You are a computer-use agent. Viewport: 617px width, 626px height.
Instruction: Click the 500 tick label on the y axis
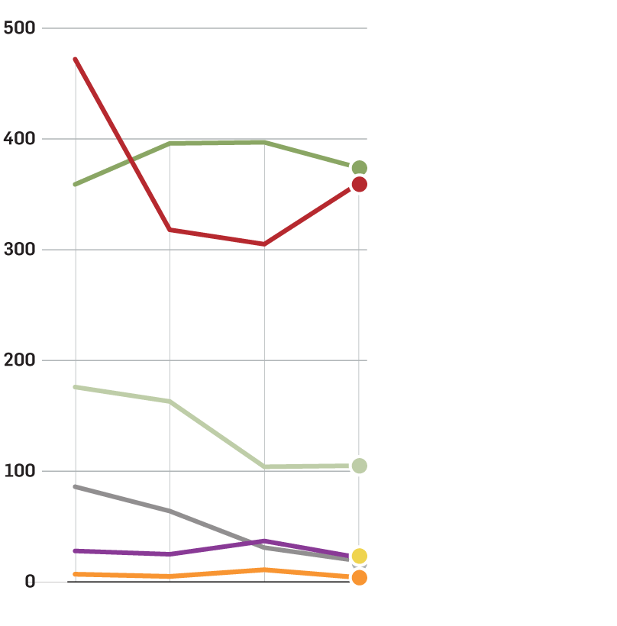pos(19,28)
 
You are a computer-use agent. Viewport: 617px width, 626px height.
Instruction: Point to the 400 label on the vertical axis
pos(19,139)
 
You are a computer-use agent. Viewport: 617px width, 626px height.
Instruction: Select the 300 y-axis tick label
pos(19,250)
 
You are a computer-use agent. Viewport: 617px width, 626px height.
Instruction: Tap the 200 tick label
pos(19,360)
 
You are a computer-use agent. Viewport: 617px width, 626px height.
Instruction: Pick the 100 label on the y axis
pos(19,471)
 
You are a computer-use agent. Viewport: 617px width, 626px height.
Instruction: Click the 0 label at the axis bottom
pos(30,582)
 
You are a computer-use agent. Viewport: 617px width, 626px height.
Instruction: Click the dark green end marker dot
pos(360,168)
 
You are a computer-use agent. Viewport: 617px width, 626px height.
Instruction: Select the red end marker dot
pos(360,184)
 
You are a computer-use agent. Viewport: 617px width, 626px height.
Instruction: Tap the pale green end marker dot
pos(360,466)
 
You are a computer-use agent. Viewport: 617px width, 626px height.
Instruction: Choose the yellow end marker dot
pos(360,556)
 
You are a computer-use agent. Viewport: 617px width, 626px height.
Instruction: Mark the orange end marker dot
pos(360,578)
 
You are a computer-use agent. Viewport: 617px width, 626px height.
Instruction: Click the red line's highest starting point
pos(75,59)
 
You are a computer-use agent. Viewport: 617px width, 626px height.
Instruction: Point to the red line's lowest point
pos(264,244)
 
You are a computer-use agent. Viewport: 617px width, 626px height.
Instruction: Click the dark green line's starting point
pos(75,184)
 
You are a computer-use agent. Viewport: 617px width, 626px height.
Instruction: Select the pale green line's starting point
pos(75,387)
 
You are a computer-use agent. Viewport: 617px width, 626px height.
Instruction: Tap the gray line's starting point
pos(75,486)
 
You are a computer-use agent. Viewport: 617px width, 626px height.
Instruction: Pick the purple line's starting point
pos(75,550)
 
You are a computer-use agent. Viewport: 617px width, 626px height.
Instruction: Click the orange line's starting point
pos(75,574)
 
